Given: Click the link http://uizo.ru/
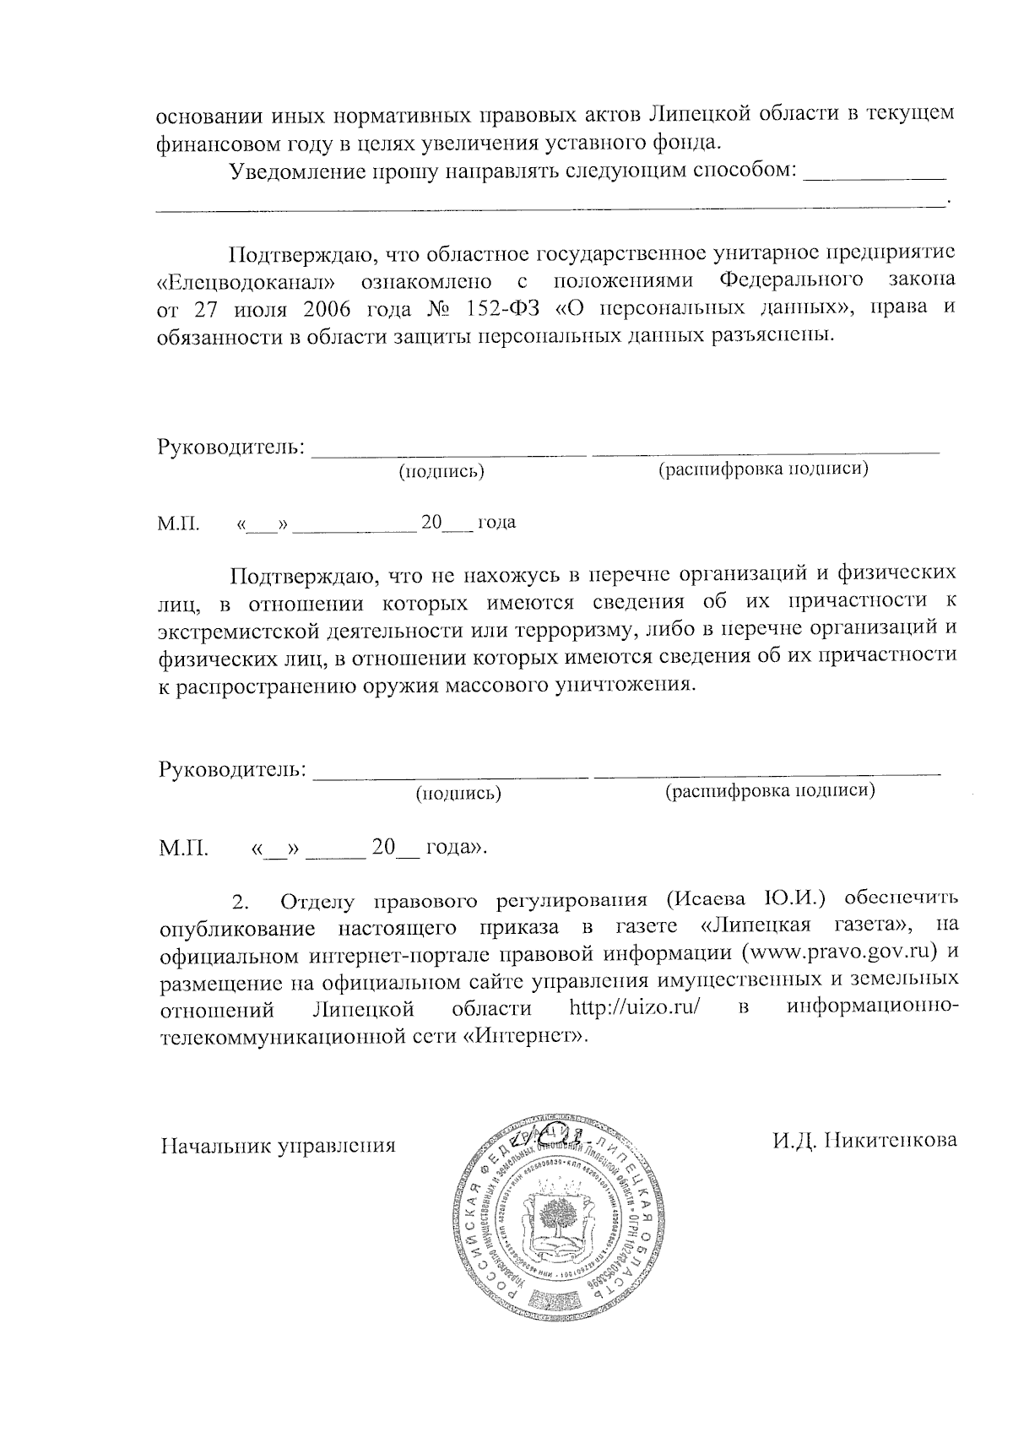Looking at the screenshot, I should pos(635,1008).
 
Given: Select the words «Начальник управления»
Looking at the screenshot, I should pos(278,1146).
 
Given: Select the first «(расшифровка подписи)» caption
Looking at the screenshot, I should pos(762,469).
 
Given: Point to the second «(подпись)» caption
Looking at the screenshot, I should pos(458,793).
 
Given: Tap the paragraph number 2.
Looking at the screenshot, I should pos(241,902).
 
